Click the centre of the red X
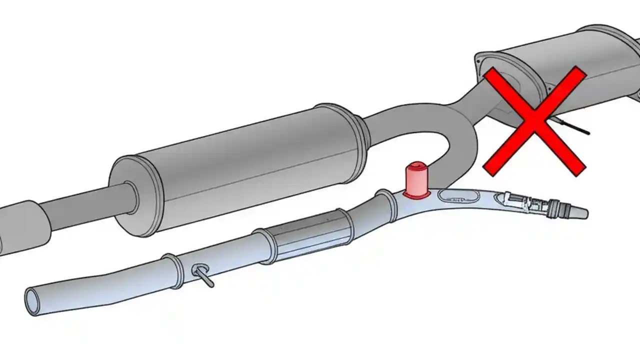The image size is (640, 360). (x=534, y=121)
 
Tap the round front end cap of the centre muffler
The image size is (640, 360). (x=131, y=195)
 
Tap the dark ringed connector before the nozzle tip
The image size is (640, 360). (x=553, y=207)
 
